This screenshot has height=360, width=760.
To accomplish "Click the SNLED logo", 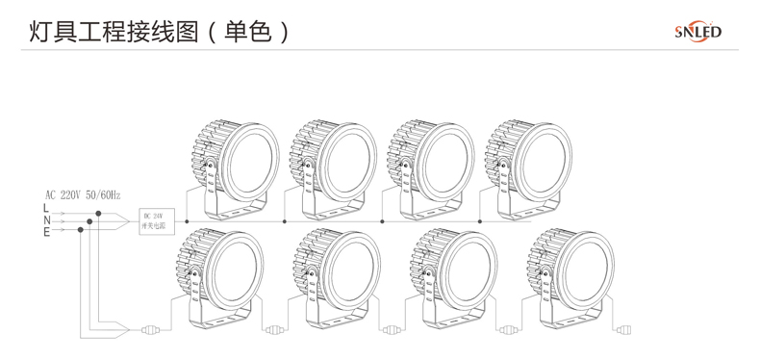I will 697,32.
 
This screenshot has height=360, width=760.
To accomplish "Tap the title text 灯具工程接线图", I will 102,31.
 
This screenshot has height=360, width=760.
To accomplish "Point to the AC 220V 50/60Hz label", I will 83,194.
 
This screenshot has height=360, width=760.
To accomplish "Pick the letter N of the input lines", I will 45,220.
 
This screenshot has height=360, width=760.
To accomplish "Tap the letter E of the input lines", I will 45,231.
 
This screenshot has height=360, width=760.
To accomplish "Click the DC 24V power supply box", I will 153,221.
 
